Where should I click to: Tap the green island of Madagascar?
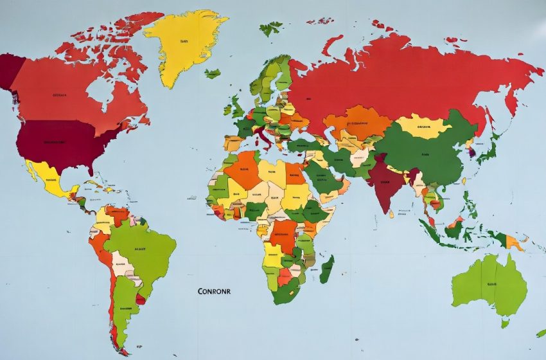click(327, 269)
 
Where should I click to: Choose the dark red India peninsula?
click(385, 183)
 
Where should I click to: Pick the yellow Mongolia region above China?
click(422, 125)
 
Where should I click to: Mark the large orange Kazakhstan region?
click(357, 122)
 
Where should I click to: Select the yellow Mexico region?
click(48, 178)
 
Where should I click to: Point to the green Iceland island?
click(213, 73)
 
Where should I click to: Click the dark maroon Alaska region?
click(9, 71)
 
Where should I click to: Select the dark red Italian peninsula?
click(264, 138)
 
